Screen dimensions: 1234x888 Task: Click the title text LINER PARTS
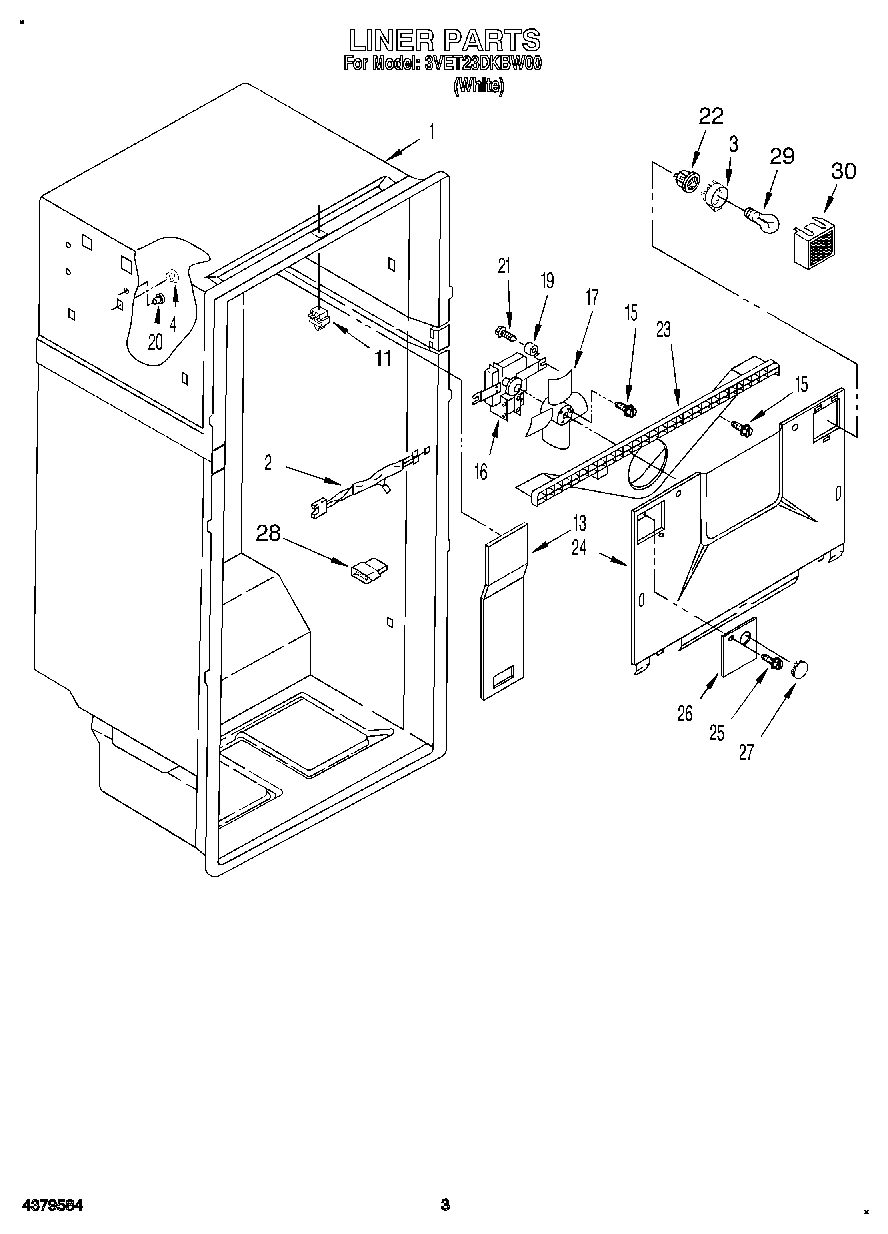(444, 40)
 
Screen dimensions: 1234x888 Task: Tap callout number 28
(268, 533)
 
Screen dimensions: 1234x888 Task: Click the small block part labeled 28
(366, 569)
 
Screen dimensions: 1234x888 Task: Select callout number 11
(382, 358)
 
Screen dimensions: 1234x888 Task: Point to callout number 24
(578, 547)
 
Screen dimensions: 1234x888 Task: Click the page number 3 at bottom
(447, 1205)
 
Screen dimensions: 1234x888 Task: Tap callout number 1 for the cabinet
(431, 131)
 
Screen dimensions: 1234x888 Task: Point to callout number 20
(154, 341)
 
